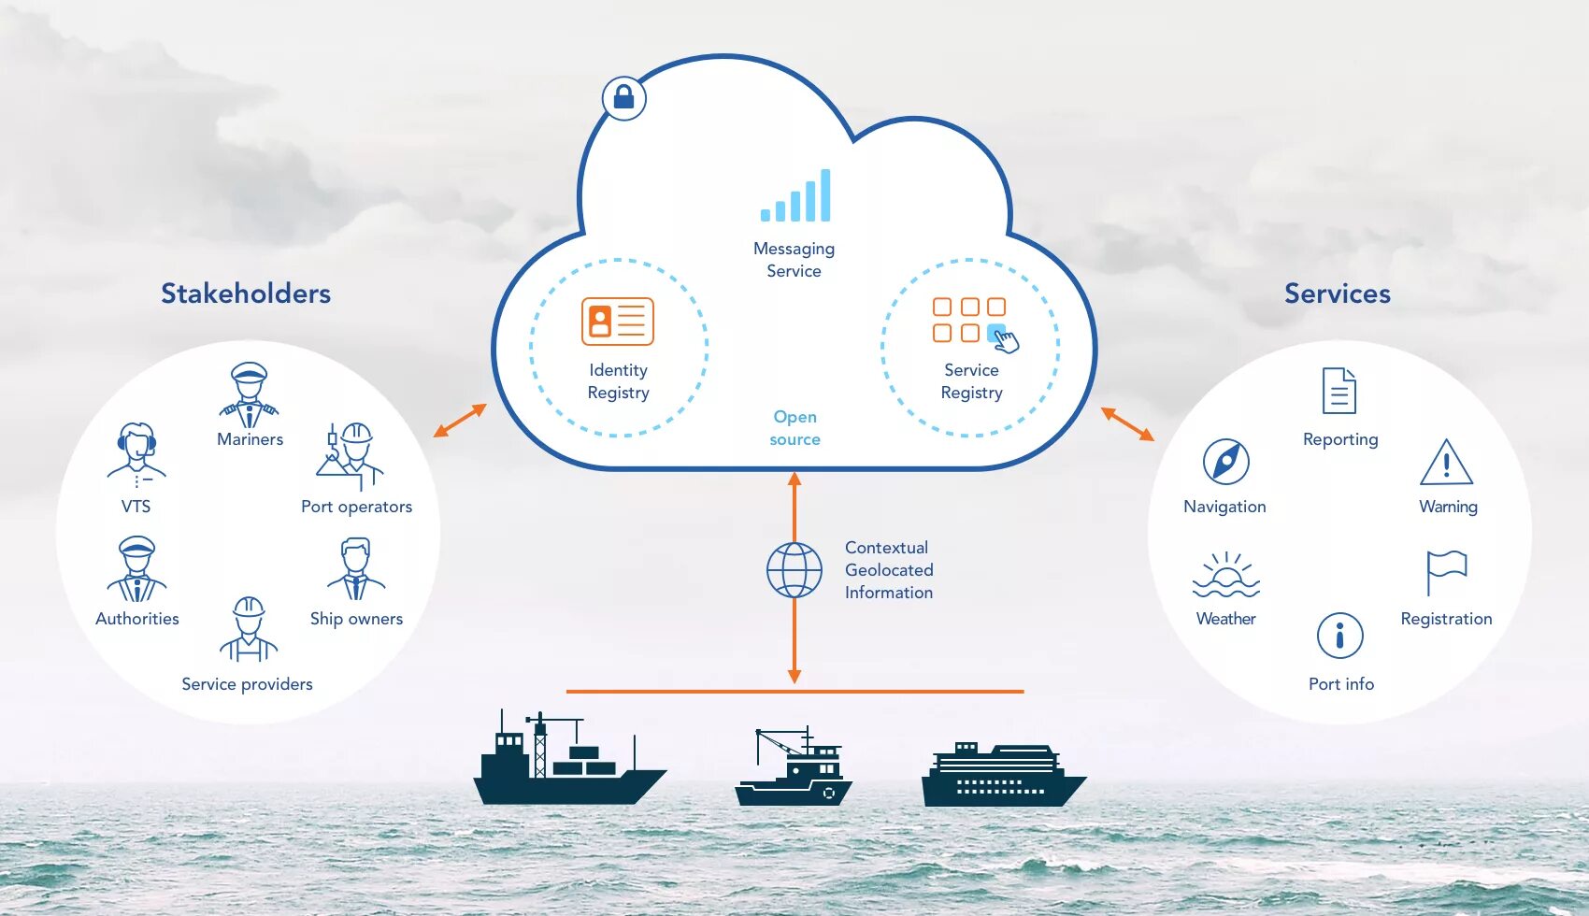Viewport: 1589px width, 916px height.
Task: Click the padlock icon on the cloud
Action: (623, 97)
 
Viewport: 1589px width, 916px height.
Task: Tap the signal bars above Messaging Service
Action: (795, 196)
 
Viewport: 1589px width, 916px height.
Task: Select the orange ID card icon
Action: (617, 322)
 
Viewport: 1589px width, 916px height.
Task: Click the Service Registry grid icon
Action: (973, 322)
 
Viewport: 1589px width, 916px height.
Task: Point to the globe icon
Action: (794, 570)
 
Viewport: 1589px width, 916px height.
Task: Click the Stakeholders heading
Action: (246, 293)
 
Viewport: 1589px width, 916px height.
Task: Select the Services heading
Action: (1337, 293)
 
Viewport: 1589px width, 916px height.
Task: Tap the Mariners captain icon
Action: (250, 394)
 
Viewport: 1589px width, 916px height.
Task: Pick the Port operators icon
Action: (351, 456)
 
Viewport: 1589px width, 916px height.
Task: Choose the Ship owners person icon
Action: (356, 568)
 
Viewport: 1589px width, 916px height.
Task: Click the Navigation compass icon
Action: (1225, 461)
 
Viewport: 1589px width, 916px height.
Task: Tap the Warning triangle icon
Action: (1446, 463)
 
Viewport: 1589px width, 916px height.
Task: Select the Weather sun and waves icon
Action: (1225, 575)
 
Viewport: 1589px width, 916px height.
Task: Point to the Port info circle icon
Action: (1339, 636)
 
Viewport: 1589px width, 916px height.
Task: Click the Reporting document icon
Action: (1338, 391)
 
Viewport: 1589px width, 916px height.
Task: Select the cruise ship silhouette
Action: (1001, 776)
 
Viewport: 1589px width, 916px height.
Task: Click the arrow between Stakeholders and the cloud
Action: (460, 421)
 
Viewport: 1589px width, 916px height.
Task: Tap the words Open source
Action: (794, 428)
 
